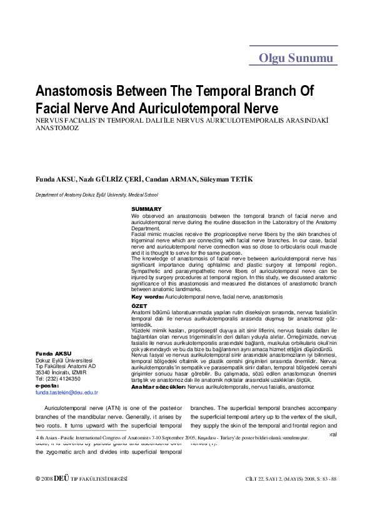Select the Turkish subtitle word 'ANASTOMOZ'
coord(57,128)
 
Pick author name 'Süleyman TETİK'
coord(226,180)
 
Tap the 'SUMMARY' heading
coord(146,209)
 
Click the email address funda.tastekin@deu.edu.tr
coord(67,392)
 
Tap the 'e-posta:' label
coord(47,386)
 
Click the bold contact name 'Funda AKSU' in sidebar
coord(53,354)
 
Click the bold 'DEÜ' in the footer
coord(61,479)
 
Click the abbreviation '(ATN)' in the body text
coord(130,406)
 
